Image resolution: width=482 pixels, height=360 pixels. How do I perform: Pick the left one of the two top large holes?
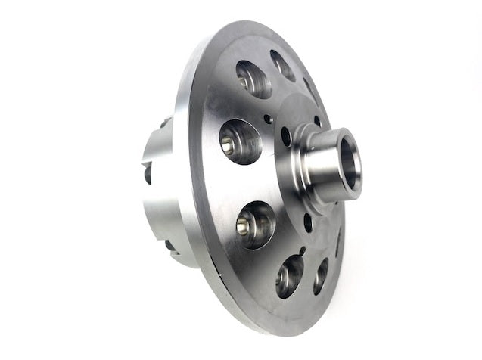click(x=253, y=79)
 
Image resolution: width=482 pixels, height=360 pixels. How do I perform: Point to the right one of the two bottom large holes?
click(x=321, y=275)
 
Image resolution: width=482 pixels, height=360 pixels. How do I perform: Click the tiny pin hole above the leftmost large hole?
click(x=266, y=117)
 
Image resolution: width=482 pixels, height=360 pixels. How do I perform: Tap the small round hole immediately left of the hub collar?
click(x=285, y=136)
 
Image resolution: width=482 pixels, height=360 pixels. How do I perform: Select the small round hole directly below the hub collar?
click(x=307, y=222)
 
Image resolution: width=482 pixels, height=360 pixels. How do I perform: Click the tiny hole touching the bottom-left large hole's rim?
click(x=301, y=251)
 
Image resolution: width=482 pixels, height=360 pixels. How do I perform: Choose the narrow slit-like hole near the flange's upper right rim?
click(x=309, y=88)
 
